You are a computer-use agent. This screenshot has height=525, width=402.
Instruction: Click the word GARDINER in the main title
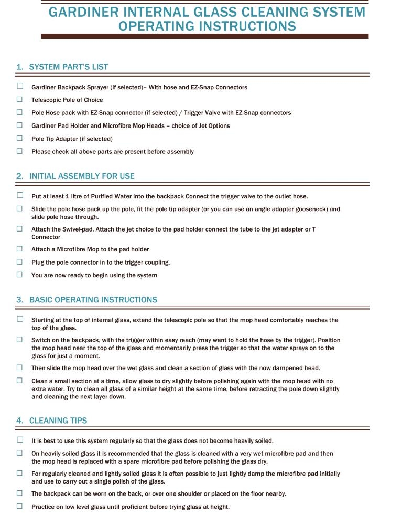(84, 12)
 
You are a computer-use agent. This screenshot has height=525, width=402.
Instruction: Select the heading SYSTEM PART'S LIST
(69, 67)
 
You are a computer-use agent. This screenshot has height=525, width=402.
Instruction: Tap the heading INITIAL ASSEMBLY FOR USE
(82, 176)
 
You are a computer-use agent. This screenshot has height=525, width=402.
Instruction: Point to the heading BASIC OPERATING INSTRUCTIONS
(93, 300)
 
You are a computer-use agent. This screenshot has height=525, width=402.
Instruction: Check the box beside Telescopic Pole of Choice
(20, 99)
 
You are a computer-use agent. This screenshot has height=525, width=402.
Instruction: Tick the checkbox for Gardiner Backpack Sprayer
(20, 87)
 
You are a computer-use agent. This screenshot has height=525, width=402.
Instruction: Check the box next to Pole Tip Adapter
(20, 138)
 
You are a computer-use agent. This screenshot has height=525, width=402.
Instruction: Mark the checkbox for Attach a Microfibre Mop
(20, 249)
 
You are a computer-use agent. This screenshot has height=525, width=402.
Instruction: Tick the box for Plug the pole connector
(20, 261)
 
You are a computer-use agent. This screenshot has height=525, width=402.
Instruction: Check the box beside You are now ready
(20, 275)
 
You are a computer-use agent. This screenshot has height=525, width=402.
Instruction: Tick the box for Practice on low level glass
(20, 506)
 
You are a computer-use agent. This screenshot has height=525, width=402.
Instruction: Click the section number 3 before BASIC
(19, 300)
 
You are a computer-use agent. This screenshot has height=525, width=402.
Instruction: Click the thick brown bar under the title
(204, 36)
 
